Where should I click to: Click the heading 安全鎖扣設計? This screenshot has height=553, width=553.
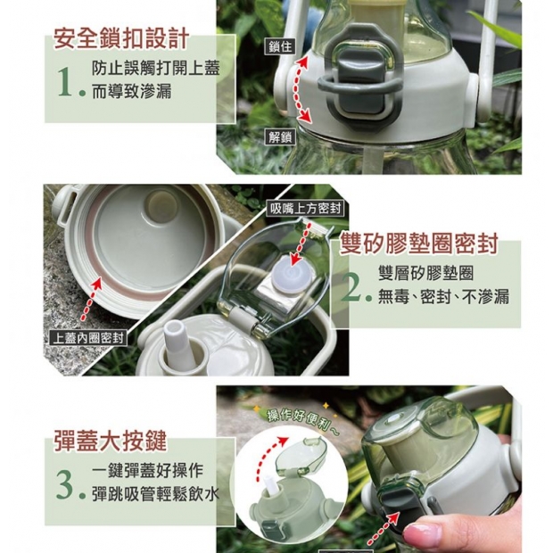point(121,38)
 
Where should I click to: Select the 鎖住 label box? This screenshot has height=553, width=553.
point(279,46)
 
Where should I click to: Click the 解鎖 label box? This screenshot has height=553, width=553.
point(279,136)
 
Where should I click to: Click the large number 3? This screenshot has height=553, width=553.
point(66,484)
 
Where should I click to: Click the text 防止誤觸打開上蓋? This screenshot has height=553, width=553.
point(157,69)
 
